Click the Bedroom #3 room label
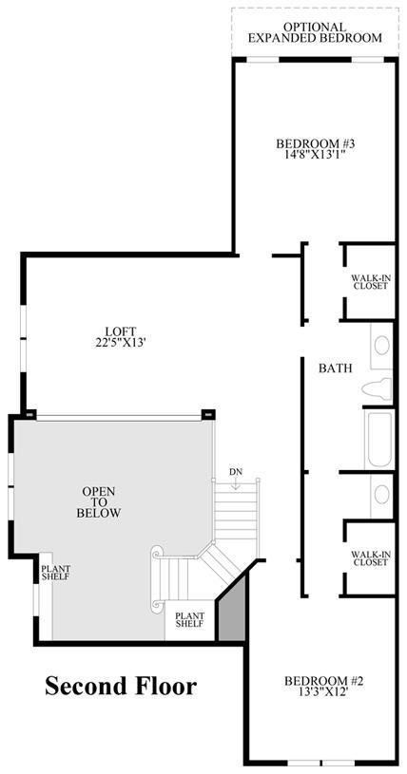[x=316, y=144]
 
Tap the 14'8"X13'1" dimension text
[x=316, y=155]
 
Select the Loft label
[x=121, y=331]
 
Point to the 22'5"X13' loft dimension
[x=120, y=342]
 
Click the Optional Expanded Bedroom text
[x=315, y=32]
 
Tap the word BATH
[x=336, y=368]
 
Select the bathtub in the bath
[x=379, y=440]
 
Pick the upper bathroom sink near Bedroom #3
[x=381, y=346]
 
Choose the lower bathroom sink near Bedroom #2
[x=381, y=494]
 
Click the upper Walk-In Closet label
[x=371, y=281]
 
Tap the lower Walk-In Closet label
[x=371, y=558]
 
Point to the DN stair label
[x=236, y=472]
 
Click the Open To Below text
[x=98, y=502]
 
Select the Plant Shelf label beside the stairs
[x=190, y=619]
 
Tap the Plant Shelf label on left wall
[x=55, y=572]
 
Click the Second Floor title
[x=121, y=686]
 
